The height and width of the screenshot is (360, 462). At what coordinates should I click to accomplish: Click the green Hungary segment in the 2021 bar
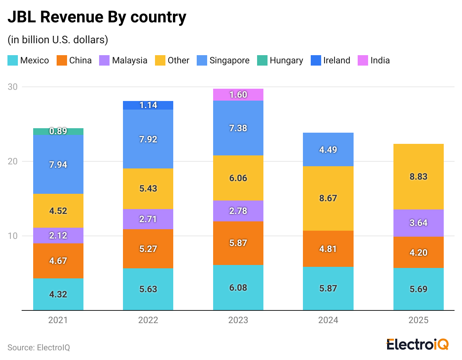[58, 131]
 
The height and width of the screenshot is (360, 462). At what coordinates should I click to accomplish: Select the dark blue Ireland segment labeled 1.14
[148, 105]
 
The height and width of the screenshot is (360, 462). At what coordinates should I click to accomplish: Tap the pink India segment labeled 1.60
[238, 95]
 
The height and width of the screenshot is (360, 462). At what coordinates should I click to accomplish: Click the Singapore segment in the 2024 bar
[328, 149]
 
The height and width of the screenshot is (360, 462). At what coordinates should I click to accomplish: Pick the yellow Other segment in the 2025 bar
[418, 177]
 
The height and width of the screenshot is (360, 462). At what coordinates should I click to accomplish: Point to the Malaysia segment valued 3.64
[418, 223]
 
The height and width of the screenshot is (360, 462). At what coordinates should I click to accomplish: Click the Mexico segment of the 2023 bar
[238, 287]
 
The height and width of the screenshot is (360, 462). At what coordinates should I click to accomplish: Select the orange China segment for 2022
[148, 249]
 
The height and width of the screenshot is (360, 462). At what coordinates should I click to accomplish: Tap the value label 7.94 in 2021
[58, 165]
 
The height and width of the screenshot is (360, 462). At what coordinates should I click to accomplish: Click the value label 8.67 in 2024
[328, 198]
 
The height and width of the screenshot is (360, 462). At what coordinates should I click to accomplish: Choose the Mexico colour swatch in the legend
[13, 60]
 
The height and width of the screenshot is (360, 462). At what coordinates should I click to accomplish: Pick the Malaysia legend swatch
[104, 60]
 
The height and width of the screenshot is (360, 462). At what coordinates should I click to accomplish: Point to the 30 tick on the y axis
[13, 87]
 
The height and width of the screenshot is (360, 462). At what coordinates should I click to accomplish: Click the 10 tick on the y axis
[13, 236]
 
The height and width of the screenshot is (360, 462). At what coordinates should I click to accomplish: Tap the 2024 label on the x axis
[328, 320]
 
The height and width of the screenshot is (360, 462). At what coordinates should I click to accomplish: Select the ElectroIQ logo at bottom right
[417, 344]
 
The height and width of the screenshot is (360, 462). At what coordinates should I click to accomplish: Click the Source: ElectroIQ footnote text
[39, 348]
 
